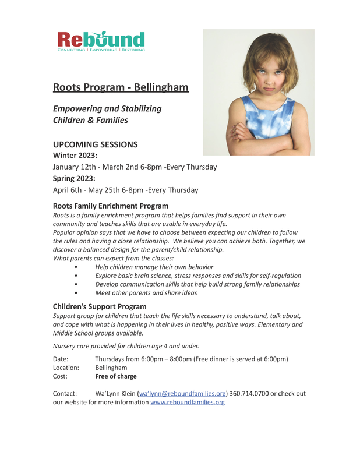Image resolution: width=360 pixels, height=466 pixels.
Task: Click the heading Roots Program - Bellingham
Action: [x=121, y=87]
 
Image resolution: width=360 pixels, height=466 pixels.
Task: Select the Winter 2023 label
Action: [x=75, y=156]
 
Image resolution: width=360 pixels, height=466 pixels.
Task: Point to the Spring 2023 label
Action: [x=74, y=178]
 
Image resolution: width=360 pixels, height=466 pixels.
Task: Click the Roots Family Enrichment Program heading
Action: [x=111, y=206]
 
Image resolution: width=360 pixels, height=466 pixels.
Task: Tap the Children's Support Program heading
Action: [x=100, y=306]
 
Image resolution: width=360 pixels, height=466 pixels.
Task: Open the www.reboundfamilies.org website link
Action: [x=188, y=403]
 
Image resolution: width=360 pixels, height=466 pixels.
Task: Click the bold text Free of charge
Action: [x=116, y=376]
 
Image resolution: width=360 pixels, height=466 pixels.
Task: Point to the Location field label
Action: [x=66, y=368]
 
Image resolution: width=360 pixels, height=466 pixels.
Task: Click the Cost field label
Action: [x=61, y=376]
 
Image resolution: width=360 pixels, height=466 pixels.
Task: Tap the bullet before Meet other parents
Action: [x=76, y=293]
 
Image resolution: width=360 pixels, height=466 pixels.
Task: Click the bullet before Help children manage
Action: [x=76, y=267]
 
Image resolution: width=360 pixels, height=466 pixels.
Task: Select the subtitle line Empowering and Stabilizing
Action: [x=107, y=108]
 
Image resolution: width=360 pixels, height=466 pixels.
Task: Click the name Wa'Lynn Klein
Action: [x=115, y=394]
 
